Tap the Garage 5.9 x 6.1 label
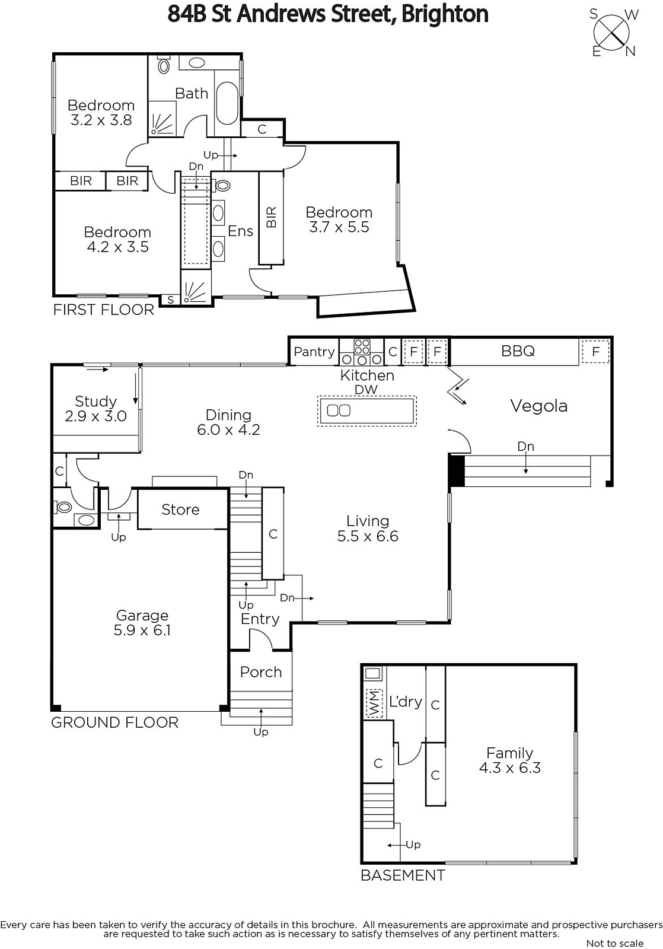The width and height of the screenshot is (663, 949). pos(142,622)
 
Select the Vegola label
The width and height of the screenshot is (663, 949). pos(538,406)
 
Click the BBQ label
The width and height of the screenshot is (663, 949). pos(518,351)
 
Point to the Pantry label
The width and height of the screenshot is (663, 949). pos(314,352)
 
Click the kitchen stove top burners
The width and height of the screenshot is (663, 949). pos(362,352)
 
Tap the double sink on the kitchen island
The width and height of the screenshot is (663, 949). pos(339,410)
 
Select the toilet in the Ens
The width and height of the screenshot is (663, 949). pos(221,185)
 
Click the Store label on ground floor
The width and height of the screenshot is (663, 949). pos(180,509)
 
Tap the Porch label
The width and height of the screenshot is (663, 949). pos(260,673)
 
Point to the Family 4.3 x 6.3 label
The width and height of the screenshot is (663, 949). pos(509,760)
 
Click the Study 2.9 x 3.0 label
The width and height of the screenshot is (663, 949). pos(95,409)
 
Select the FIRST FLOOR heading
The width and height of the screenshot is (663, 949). pos(103,310)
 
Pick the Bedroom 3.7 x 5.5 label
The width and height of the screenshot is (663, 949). pos(339,219)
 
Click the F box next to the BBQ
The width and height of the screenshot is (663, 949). pos(595,351)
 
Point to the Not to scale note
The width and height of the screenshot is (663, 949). pos(615,942)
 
